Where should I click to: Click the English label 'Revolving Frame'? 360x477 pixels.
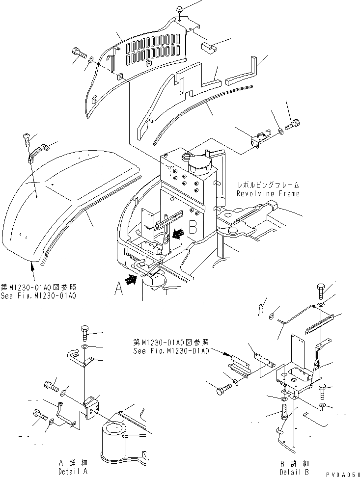(268, 193)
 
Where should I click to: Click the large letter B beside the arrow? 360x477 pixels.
(193, 227)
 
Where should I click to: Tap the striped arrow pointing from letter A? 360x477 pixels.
(132, 280)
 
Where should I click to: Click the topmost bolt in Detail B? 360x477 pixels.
(320, 291)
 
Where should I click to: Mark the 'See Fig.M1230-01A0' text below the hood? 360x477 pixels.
(41, 296)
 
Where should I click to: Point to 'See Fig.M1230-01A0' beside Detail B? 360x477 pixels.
(171, 351)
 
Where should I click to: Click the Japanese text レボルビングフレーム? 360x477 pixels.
(268, 185)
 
